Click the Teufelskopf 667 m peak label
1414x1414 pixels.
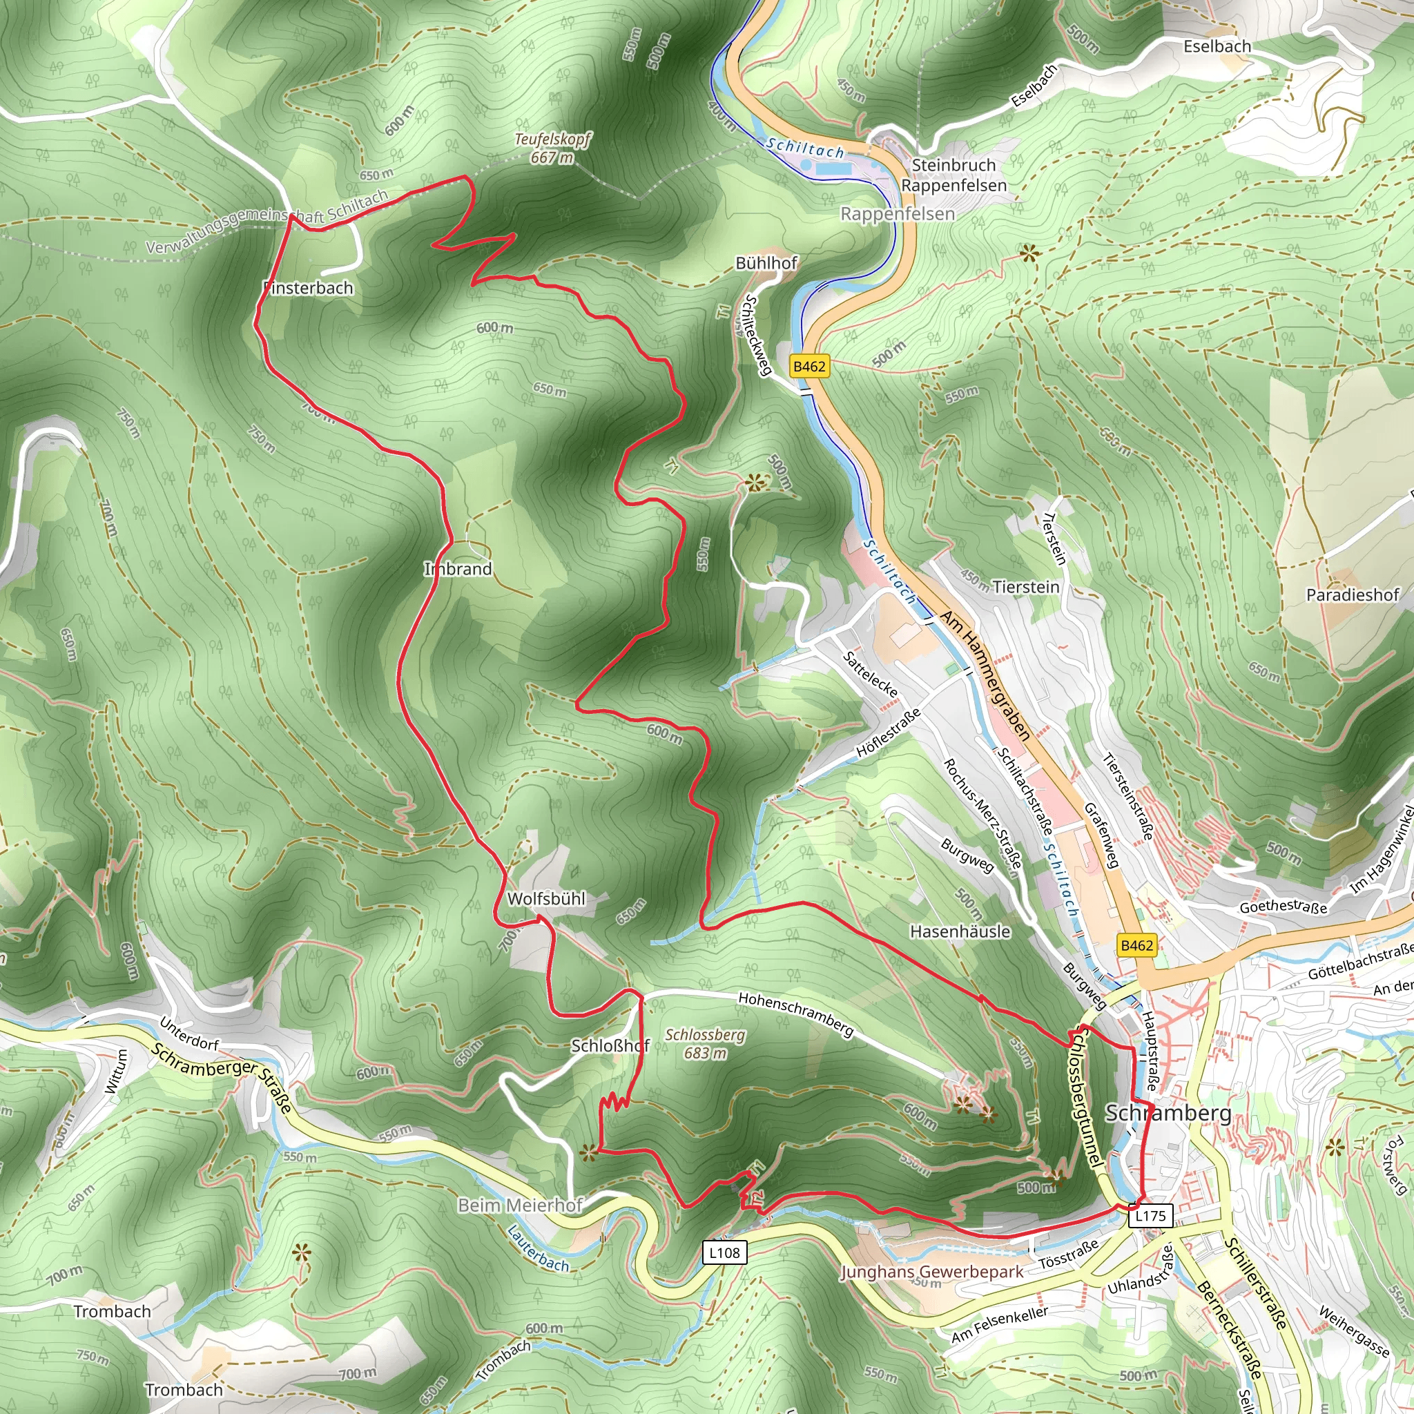point(552,148)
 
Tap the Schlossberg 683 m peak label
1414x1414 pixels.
point(705,1044)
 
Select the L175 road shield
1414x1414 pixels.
point(1150,1216)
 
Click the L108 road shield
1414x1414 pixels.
point(724,1252)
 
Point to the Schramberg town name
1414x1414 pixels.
point(1168,1113)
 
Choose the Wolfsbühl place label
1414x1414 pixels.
point(546,899)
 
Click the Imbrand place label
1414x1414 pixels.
point(458,569)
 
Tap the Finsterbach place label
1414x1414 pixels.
point(308,289)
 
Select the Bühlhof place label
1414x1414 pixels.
point(766,263)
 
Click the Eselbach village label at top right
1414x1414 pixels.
point(1217,46)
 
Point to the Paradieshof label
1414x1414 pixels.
point(1353,595)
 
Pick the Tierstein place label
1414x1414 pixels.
point(1025,587)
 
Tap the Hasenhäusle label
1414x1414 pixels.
point(960,931)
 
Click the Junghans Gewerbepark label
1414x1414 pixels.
point(931,1272)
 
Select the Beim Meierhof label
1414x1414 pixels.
point(520,1205)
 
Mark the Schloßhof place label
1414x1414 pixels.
point(610,1046)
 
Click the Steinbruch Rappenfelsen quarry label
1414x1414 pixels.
point(953,175)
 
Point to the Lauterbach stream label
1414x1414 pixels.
point(538,1248)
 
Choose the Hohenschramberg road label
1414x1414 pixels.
point(795,1014)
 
